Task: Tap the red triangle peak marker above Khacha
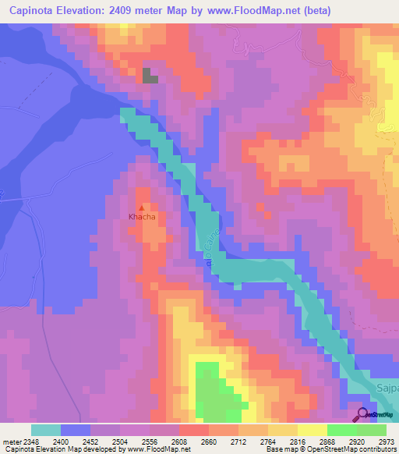click(141, 208)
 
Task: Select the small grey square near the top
click(150, 76)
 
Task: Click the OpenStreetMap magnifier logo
click(362, 415)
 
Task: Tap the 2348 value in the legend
click(30, 441)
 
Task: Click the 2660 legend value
click(208, 441)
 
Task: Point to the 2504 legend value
click(119, 441)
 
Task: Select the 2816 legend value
click(297, 441)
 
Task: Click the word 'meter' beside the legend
click(10, 441)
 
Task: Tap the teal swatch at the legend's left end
click(46, 430)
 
